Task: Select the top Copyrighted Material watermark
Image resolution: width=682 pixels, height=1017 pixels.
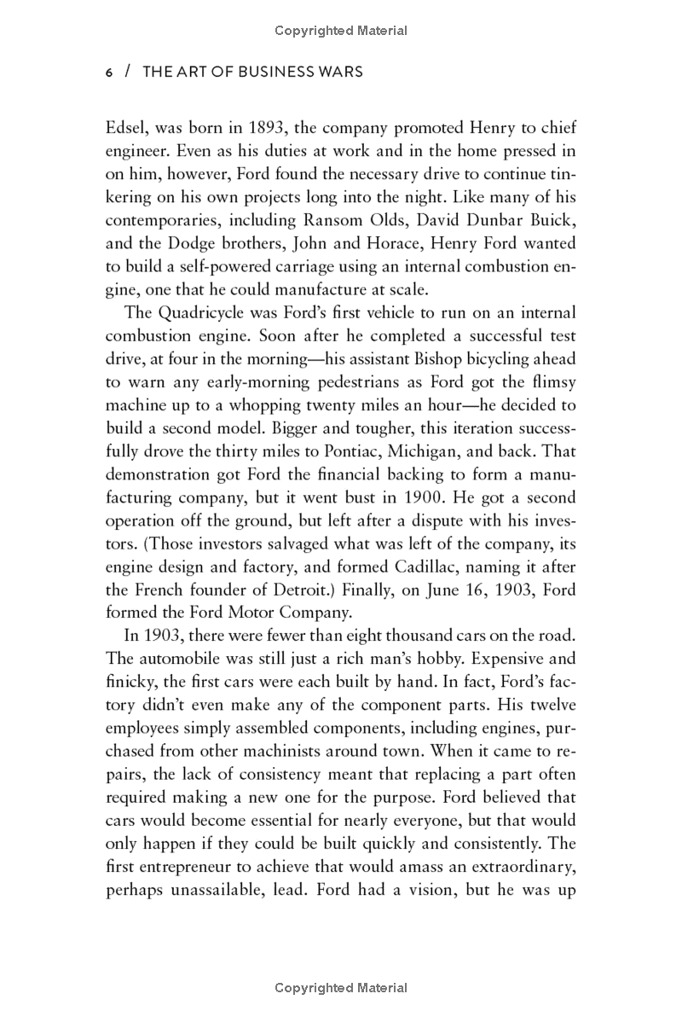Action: point(341,31)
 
